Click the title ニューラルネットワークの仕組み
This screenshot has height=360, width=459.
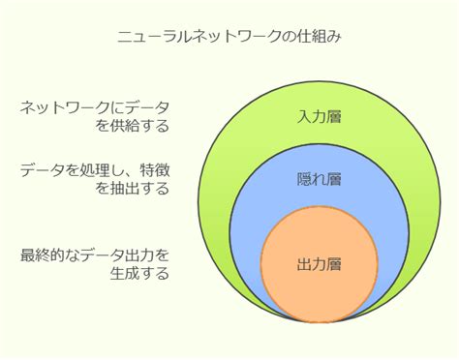[229, 37]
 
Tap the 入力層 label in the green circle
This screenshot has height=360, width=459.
[321, 117]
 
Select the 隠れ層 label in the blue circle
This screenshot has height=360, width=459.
[321, 179]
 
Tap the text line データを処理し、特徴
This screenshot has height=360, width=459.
[94, 171]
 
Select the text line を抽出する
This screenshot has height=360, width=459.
[133, 189]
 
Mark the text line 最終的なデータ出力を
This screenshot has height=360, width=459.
[94, 255]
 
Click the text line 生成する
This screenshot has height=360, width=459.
[140, 273]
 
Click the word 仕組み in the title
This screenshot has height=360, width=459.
[316, 37]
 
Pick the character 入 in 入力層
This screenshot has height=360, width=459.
[305, 117]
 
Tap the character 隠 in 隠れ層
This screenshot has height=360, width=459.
[305, 179]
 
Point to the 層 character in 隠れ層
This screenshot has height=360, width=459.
[336, 179]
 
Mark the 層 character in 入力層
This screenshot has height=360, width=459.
[336, 117]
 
